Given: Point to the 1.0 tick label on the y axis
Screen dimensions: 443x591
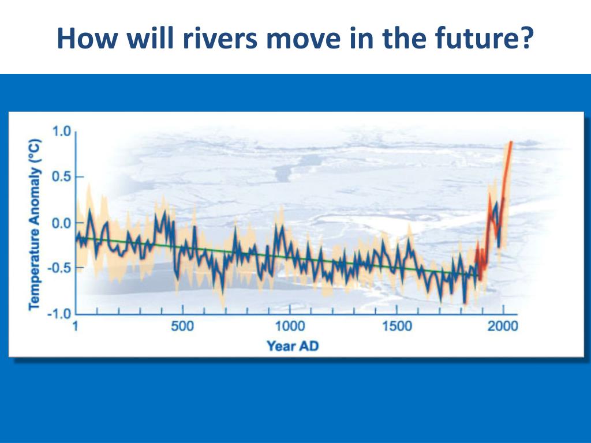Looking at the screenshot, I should [61, 132].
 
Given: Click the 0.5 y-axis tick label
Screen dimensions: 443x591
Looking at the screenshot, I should [61, 177].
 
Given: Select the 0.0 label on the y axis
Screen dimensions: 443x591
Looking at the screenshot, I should [61, 223].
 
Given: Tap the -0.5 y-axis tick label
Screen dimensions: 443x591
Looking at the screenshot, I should [58, 268].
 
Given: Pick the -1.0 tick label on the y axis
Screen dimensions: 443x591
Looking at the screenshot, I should [58, 313].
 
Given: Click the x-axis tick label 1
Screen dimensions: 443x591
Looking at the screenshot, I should [76, 327].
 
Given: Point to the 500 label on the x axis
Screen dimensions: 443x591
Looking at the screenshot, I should [182, 327].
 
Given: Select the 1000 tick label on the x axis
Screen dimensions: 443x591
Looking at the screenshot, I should [289, 327].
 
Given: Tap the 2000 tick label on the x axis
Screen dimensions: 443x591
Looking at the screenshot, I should [503, 327].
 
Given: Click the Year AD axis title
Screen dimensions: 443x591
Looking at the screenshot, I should [292, 346].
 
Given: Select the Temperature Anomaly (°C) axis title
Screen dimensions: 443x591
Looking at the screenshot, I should [34, 223].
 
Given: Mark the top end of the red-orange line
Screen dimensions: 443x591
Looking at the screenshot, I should [510, 142].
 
